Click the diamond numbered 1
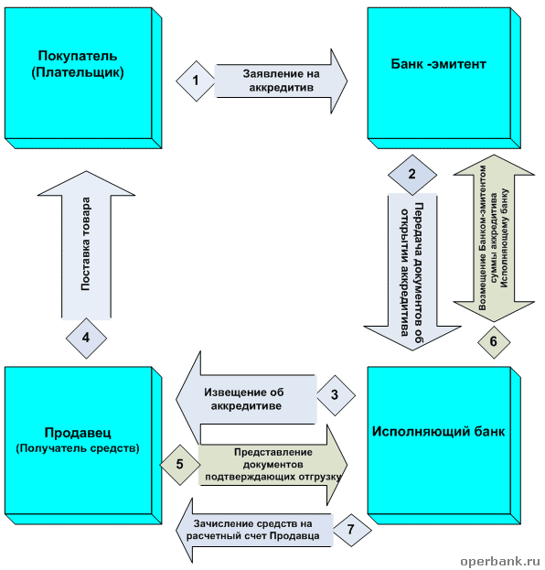[196, 81]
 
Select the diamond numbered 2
[412, 175]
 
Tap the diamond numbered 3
[336, 395]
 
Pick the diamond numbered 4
[86, 339]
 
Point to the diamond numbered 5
[180, 465]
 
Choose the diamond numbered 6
[494, 341]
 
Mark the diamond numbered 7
[351, 530]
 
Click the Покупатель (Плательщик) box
[83, 78]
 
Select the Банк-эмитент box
[444, 78]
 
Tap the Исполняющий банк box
[444, 446]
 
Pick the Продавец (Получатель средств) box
[83, 446]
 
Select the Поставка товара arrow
[86, 245]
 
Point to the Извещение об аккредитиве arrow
[246, 399]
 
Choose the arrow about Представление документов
[272, 465]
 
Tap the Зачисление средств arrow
[253, 530]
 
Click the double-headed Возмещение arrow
[494, 238]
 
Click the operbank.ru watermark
[500, 561]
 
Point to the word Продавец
[78, 433]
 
